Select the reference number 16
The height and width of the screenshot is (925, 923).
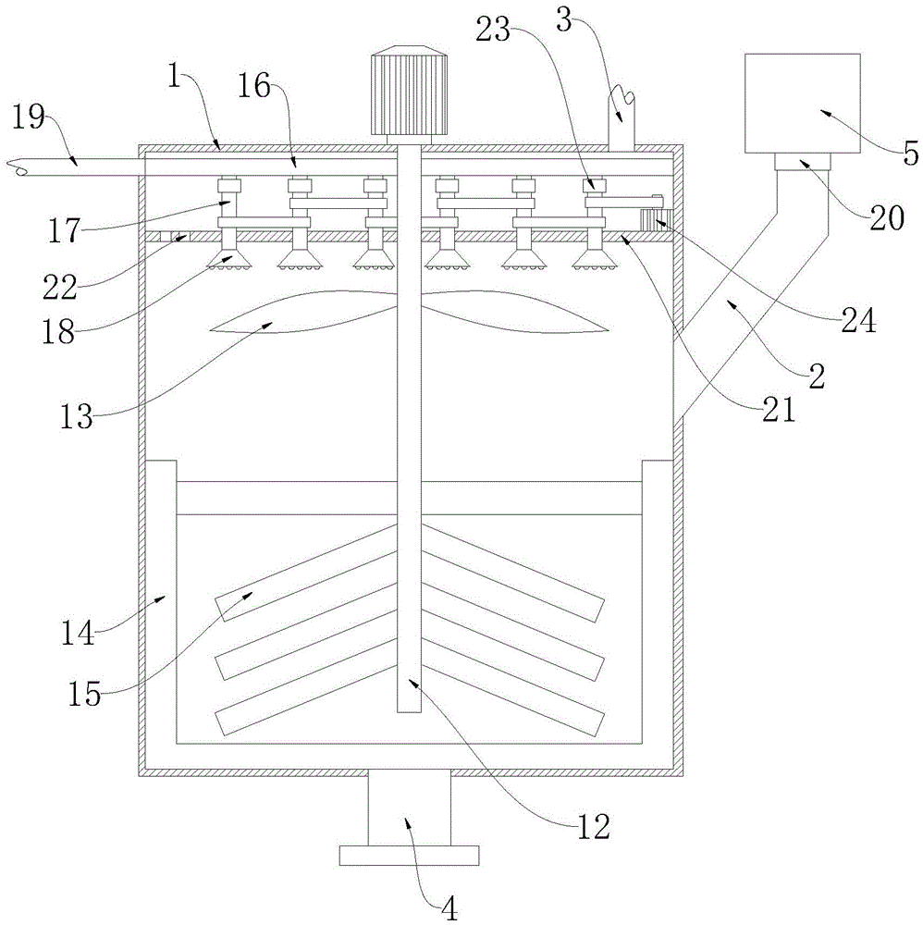click(x=254, y=87)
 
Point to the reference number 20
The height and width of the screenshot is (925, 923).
click(x=886, y=219)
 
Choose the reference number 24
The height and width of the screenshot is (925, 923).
click(x=858, y=322)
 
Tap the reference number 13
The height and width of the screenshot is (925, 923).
click(x=77, y=418)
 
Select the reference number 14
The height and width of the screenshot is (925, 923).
click(x=79, y=635)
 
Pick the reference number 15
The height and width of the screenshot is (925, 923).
click(x=84, y=695)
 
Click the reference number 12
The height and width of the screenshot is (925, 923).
click(x=592, y=828)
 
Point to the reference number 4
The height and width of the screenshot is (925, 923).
click(x=449, y=909)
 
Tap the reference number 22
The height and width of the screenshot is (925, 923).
click(x=60, y=289)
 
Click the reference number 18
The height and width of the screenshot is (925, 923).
click(x=58, y=332)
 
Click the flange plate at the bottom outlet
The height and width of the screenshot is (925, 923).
click(x=409, y=855)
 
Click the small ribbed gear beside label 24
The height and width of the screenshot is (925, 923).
click(x=656, y=219)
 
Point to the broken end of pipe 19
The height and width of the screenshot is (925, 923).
click(x=18, y=166)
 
